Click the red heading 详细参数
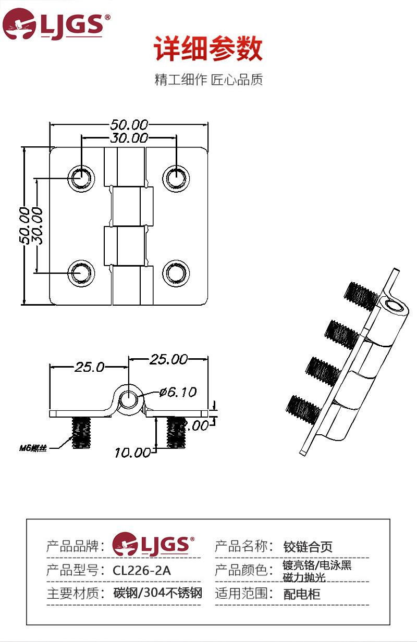point(208,51)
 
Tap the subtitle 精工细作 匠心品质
point(208,80)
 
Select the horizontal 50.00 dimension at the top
point(129,125)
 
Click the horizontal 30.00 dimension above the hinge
point(129,138)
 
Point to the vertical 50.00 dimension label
point(24,225)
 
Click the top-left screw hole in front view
point(81,178)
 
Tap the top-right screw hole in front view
point(176,178)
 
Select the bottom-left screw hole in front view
point(81,272)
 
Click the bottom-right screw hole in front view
point(176,272)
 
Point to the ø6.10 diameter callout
point(177,392)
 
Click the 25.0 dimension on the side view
point(89,367)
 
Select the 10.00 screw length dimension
point(132,452)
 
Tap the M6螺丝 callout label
point(33,448)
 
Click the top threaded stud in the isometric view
point(361,294)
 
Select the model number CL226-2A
point(142,570)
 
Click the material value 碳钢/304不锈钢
point(157,593)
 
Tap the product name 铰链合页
point(308,547)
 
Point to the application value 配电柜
point(302,594)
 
